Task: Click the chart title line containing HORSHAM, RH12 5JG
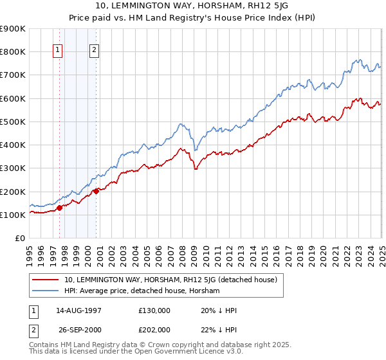(x=193, y=6)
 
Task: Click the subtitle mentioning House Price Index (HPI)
(x=193, y=17)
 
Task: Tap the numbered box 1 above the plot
(x=58, y=51)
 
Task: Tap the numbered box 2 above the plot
(x=95, y=51)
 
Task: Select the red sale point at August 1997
(x=59, y=208)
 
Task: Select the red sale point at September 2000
(x=96, y=191)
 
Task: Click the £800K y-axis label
(x=12, y=51)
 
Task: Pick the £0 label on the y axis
(x=19, y=239)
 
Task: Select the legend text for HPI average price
(x=142, y=291)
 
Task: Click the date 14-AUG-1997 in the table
(x=87, y=310)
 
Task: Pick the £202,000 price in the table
(x=154, y=330)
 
